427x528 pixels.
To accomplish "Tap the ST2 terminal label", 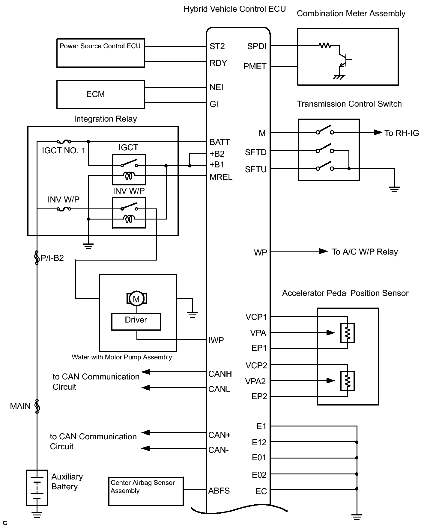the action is coord(217,46).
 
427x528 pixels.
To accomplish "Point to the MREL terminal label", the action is coord(221,177).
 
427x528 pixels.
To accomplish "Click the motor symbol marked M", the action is coord(136,298).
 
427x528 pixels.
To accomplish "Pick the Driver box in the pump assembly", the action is coord(136,322).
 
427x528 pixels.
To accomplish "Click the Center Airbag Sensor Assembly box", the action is coord(146,491).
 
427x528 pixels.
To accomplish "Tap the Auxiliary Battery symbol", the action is coord(37,488).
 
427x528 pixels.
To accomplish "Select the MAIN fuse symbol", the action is coord(37,406).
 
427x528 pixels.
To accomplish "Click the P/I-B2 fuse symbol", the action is coord(37,258).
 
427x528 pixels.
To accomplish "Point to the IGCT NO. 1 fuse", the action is coord(64,142).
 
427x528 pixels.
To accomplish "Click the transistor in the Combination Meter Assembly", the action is coord(344,60).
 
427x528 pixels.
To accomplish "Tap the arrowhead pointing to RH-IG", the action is coord(378,132).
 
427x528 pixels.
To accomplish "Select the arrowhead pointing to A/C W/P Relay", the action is coord(323,251).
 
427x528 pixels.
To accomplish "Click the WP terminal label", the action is coord(260,252).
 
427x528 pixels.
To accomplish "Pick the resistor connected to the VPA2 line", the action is coord(348,381).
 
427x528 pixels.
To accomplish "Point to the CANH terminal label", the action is coord(220,374).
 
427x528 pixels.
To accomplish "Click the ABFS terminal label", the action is coord(219,491).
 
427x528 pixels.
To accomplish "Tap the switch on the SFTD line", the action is coord(325,149).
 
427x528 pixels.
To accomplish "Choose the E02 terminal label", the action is coord(259,475).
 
